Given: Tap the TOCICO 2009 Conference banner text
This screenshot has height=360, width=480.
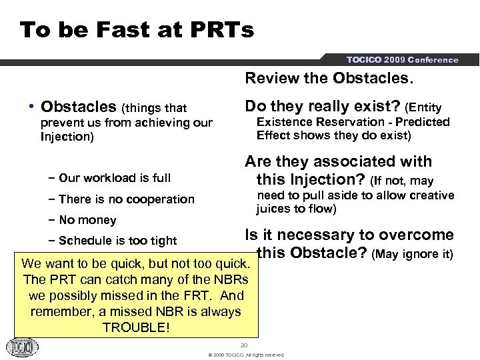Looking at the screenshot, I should click(x=402, y=60).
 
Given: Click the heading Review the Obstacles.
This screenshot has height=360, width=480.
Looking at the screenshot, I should click(x=329, y=79).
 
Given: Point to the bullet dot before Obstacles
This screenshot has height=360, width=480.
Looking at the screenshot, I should click(x=32, y=107).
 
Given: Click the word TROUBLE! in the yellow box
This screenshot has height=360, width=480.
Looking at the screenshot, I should click(x=137, y=328).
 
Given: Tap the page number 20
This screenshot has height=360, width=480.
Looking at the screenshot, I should click(x=244, y=345).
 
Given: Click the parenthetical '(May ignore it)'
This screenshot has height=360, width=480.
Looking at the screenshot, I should click(x=412, y=254).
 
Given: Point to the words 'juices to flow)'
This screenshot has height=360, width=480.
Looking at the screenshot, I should click(x=296, y=209).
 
